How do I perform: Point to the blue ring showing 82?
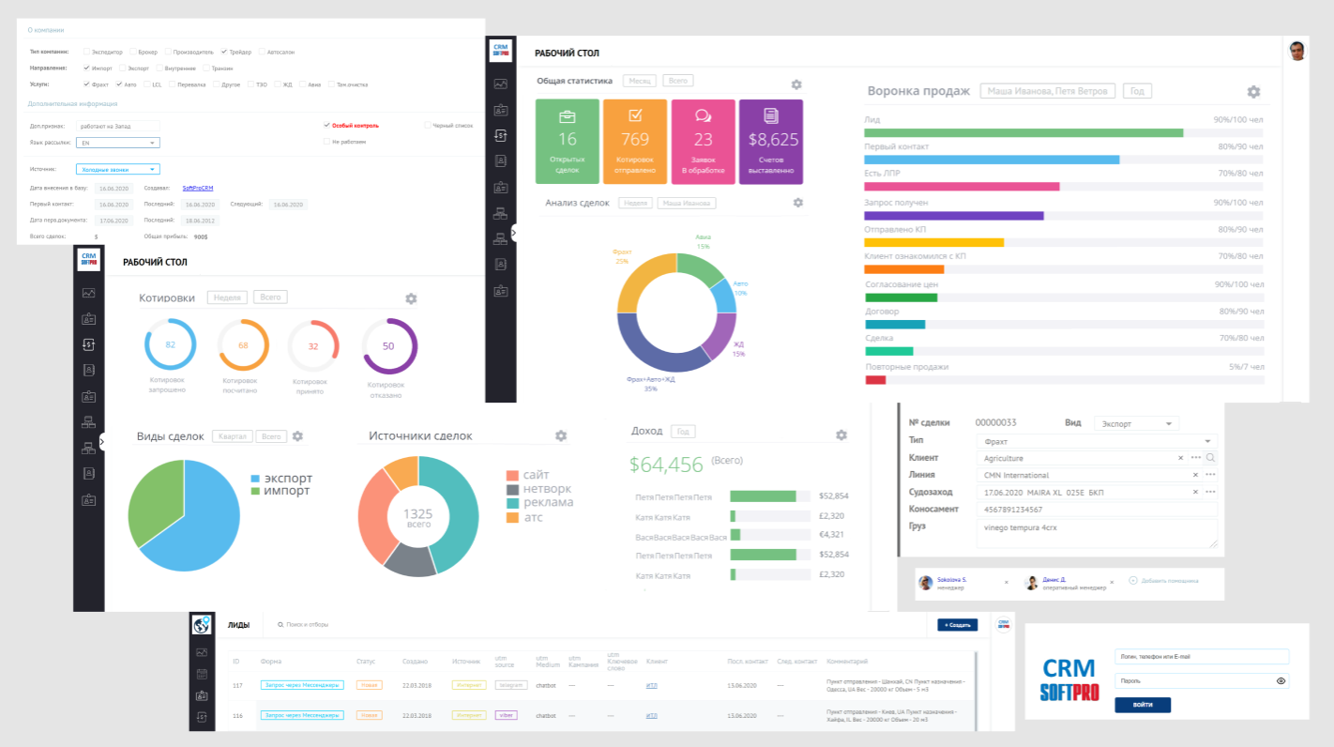[170, 344]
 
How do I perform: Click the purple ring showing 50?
[388, 345]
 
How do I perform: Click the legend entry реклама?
[548, 502]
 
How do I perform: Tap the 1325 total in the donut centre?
[417, 514]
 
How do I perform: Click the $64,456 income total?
[666, 464]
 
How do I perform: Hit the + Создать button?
[957, 624]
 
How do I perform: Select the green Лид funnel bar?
[1023, 133]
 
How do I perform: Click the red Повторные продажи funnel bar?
[875, 380]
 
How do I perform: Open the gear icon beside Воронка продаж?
[1253, 92]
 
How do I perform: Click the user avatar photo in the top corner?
[1297, 51]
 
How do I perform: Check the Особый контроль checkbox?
[326, 125]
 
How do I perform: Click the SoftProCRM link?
[198, 189]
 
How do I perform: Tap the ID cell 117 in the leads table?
[236, 686]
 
